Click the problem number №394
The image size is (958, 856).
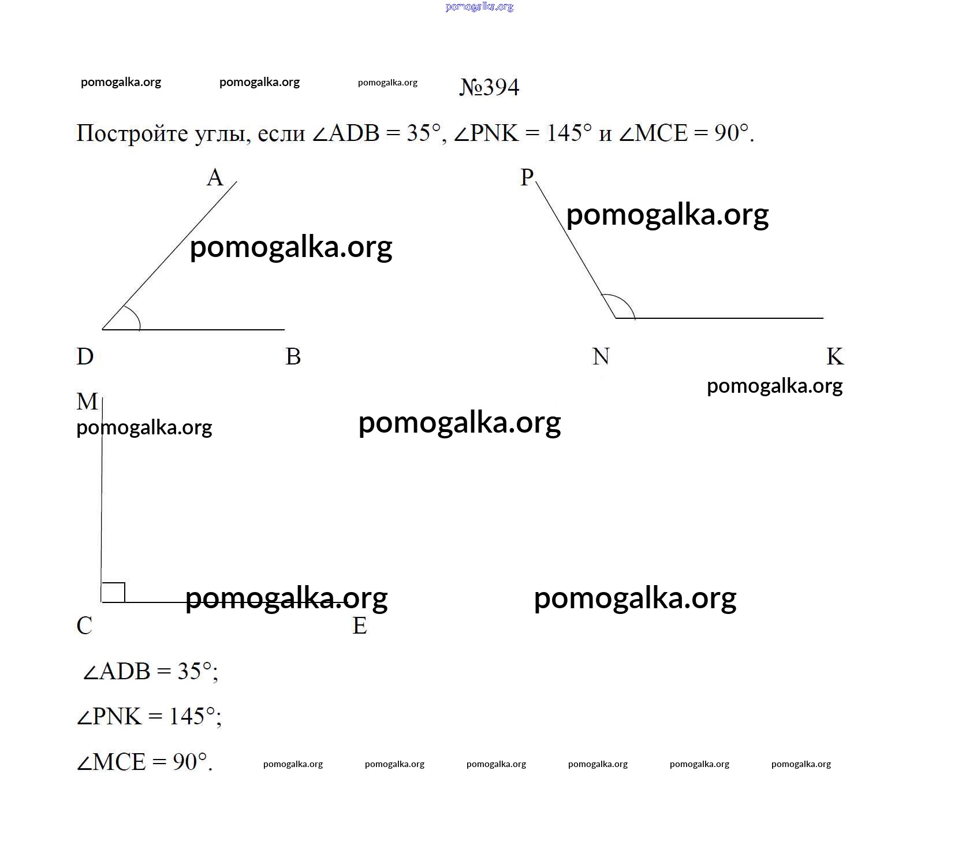489,87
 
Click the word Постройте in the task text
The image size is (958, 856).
132,133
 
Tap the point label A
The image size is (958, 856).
215,177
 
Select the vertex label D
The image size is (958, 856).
85,356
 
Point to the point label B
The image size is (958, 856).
293,356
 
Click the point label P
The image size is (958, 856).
527,177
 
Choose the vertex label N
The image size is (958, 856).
601,356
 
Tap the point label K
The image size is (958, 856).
835,356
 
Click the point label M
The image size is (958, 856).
87,401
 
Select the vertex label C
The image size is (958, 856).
84,626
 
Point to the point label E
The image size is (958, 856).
360,626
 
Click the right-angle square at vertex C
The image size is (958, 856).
113,593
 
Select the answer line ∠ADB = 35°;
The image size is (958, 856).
151,672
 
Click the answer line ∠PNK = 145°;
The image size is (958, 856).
149,717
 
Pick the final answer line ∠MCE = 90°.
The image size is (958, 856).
144,762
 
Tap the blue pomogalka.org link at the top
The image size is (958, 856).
479,7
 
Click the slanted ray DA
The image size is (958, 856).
170,255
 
